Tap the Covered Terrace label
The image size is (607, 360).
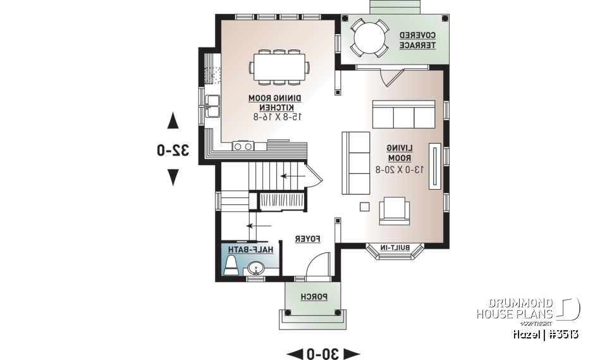tap(417, 40)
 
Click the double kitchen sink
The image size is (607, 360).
tap(211, 105)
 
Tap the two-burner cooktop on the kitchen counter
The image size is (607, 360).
tap(242, 146)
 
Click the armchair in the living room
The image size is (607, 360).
tap(394, 211)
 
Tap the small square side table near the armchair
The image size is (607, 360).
tap(364, 206)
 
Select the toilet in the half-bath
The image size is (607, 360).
tap(231, 264)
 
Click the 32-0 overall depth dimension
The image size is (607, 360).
tap(173, 150)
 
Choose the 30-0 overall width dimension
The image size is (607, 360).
tap(323, 352)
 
